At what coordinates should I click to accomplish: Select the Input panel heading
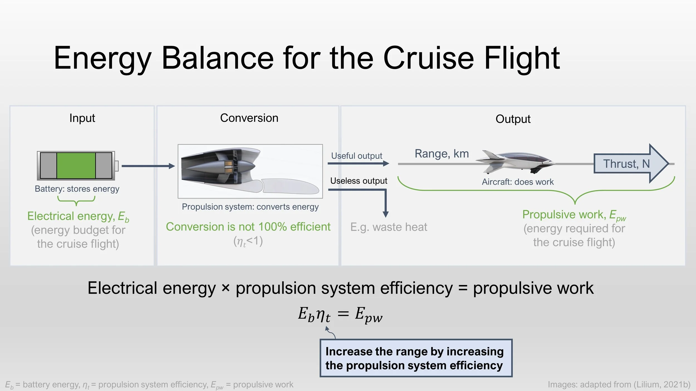pos(82,118)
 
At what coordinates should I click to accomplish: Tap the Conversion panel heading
pos(249,118)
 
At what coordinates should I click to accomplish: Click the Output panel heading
pos(513,119)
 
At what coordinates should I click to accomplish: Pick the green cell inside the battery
pos(76,165)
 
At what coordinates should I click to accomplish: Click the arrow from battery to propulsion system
pos(148,166)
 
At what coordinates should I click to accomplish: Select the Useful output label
pos(357,156)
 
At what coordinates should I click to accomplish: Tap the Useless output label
pos(359,181)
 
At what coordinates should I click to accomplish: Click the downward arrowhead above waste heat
pos(386,214)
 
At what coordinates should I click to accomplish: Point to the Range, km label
pos(442,154)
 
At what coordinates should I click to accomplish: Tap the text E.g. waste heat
pos(389,227)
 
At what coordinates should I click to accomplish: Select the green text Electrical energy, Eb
pos(78,216)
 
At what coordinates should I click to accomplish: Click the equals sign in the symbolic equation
pos(343,314)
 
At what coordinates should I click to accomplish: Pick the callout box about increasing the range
pos(416,358)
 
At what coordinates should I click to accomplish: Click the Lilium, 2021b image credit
pos(619,384)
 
